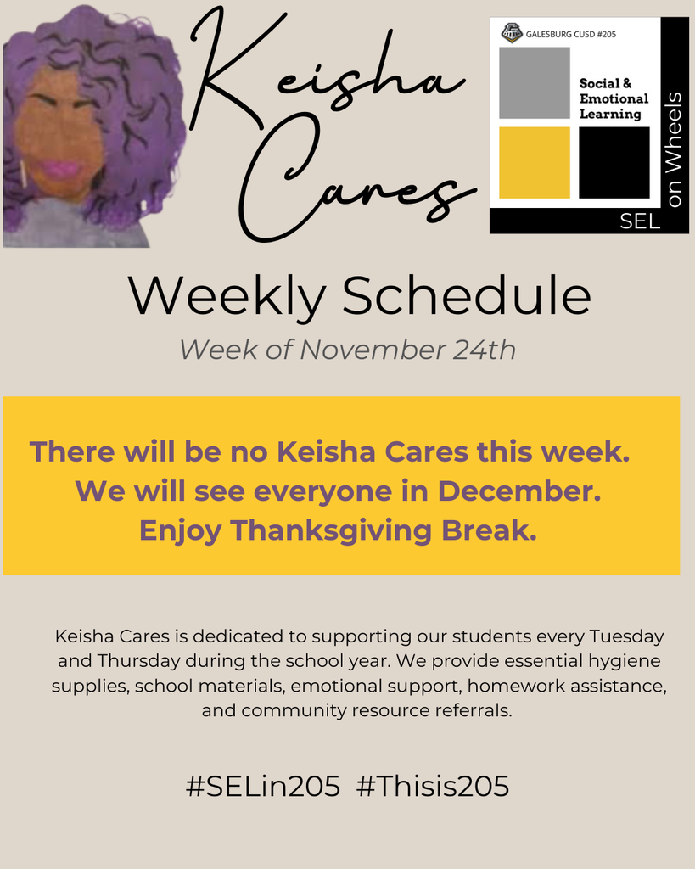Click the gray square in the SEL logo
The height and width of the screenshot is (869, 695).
click(x=534, y=82)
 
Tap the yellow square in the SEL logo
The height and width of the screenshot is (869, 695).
click(x=534, y=162)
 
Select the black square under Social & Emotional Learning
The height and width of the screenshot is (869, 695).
click(x=614, y=162)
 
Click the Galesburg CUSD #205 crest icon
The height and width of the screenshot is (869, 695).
click(x=512, y=33)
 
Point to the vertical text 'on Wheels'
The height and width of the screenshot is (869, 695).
click(x=675, y=150)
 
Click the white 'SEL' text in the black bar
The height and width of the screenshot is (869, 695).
click(x=640, y=222)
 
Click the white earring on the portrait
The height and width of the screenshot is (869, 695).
click(x=24, y=174)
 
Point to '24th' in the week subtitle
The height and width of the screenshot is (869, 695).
click(x=484, y=350)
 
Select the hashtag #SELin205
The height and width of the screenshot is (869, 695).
click(x=263, y=787)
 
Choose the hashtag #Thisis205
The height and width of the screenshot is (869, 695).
click(x=433, y=787)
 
